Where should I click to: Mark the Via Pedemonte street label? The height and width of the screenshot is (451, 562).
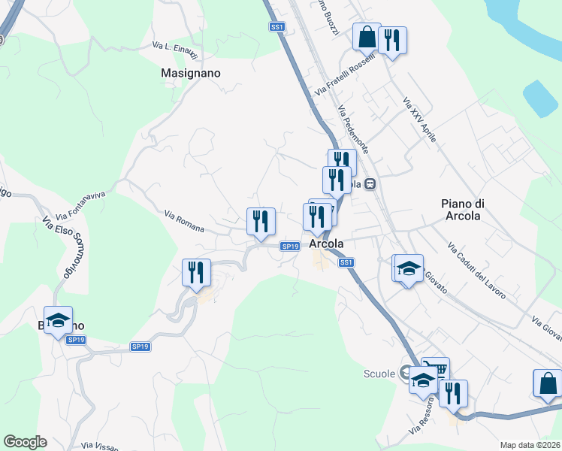[353, 129]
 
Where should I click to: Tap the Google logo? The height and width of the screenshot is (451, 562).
[25, 442]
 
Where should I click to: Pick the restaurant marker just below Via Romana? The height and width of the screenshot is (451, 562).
[261, 222]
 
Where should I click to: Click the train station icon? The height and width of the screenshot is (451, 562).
[370, 183]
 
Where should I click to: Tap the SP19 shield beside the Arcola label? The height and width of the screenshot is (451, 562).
[291, 246]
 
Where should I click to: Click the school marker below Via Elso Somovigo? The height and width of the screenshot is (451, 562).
[59, 321]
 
